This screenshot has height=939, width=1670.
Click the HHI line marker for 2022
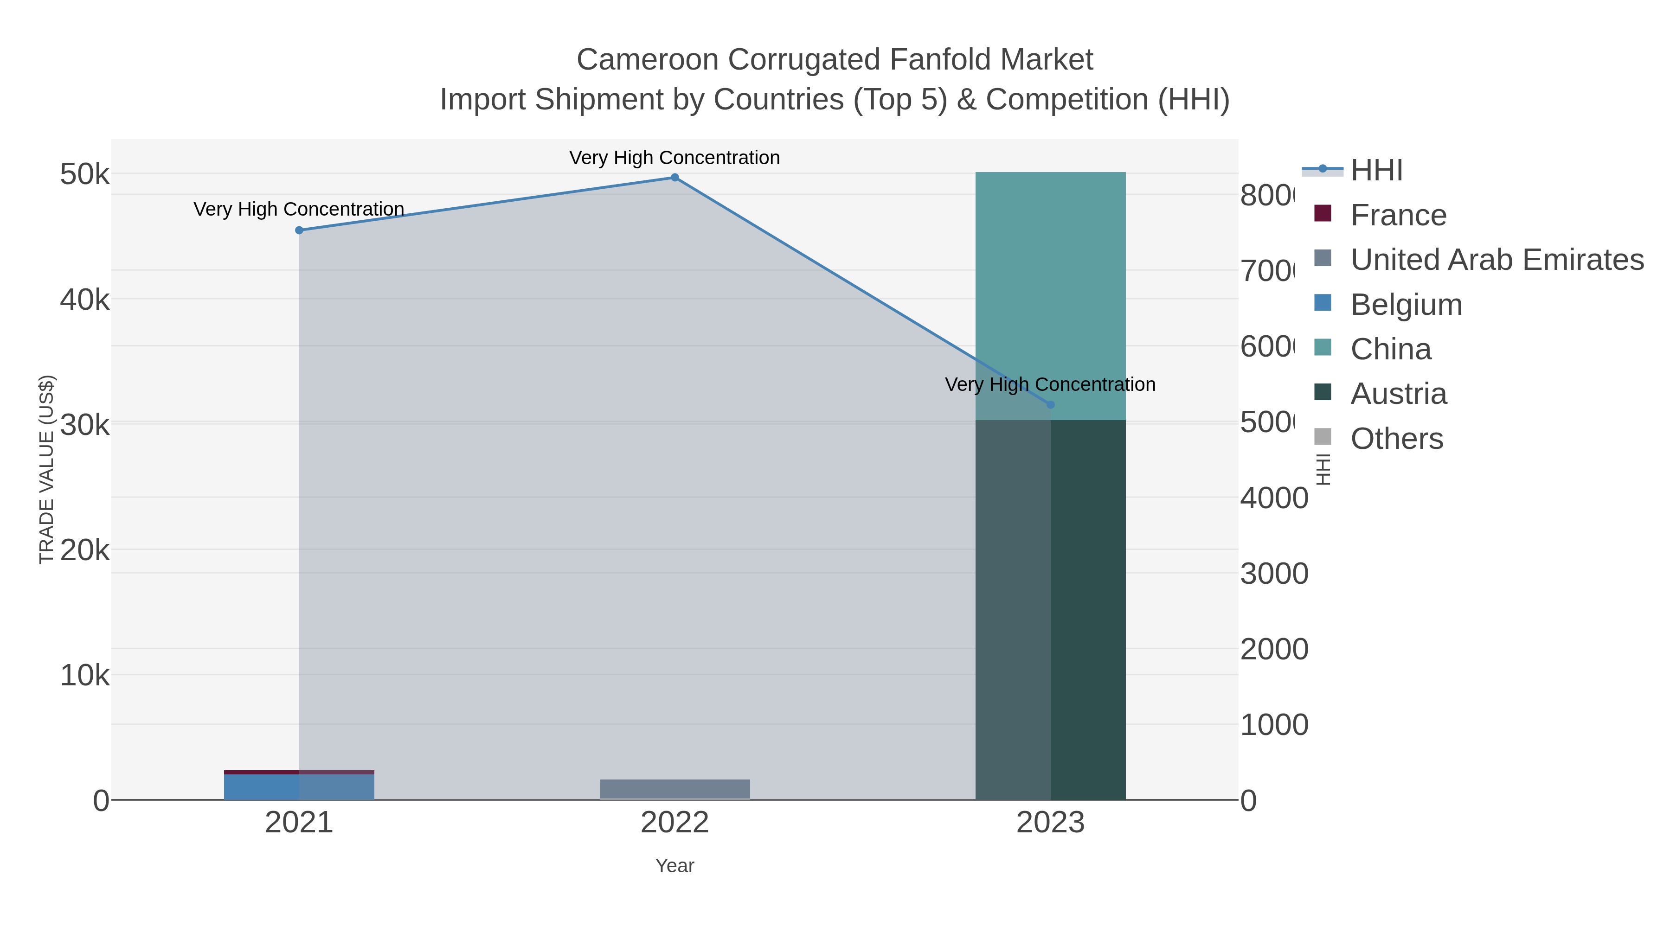674,178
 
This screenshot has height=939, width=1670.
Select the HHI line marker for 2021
299,230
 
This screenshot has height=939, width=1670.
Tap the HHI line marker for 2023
1050,404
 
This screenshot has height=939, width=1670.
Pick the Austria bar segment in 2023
1050,609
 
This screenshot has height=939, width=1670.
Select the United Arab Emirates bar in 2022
674,789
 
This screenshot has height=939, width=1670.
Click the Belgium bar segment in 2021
299,787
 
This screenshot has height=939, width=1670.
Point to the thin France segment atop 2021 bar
299,772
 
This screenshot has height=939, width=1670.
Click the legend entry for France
1398,215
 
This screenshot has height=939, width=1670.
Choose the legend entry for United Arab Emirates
1496,260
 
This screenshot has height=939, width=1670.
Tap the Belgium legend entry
1406,305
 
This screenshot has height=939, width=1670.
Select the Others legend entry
1396,439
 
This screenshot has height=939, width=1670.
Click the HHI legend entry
1376,171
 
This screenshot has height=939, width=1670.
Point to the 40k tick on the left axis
84,300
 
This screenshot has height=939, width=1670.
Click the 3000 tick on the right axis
1274,574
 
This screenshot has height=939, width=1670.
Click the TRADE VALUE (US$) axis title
47,469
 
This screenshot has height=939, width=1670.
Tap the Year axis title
674,866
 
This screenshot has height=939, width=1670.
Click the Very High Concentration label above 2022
674,158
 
